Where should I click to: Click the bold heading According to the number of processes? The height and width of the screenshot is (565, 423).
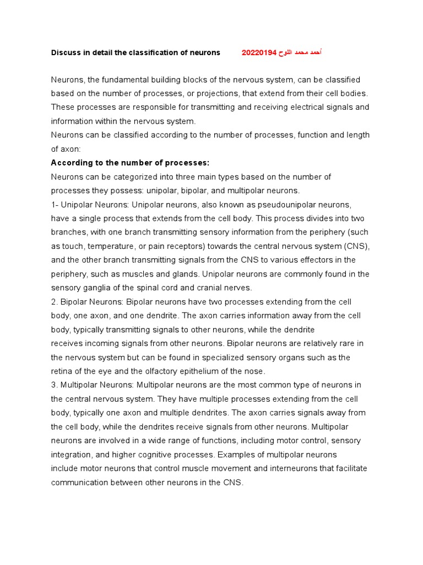click(130, 163)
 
